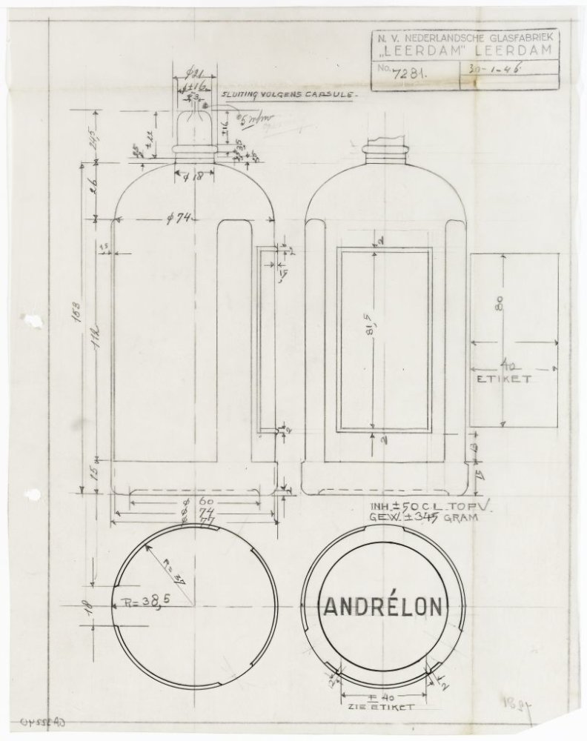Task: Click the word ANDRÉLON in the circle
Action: point(384,606)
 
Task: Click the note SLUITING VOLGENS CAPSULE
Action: point(290,96)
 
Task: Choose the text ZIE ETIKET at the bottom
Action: point(384,708)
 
